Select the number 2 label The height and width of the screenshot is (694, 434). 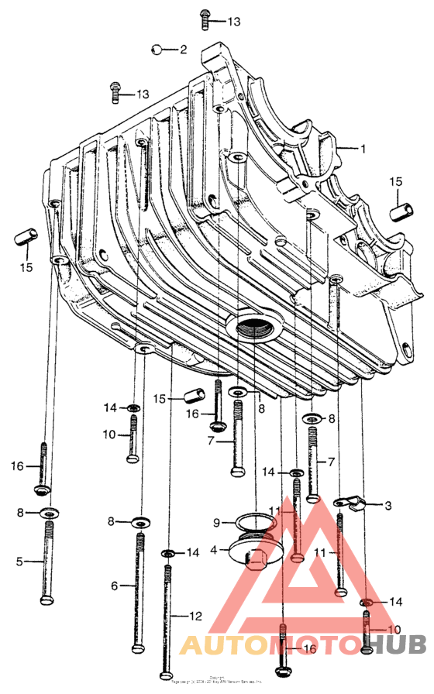(183, 50)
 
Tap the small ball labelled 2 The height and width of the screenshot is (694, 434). (157, 50)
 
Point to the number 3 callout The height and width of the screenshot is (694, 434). (387, 506)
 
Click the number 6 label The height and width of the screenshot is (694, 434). (114, 586)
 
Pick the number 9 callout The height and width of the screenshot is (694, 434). (218, 522)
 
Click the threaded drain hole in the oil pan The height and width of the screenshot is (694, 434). (255, 328)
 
